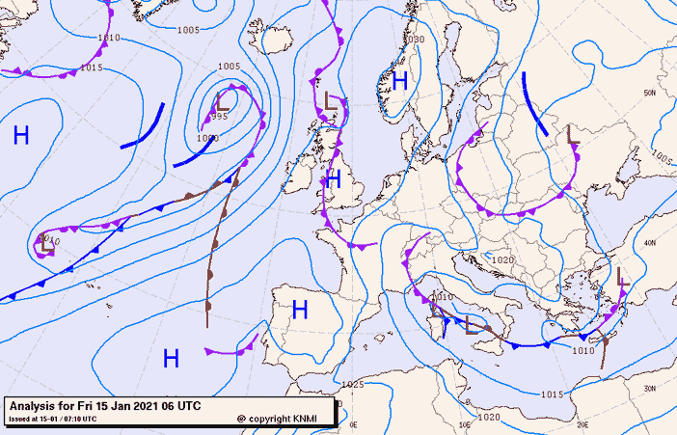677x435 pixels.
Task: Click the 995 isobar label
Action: coord(219,117)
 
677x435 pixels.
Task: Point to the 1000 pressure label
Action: coord(206,138)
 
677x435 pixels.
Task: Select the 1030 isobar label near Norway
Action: coord(415,40)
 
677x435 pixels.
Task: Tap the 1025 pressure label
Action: coord(353,385)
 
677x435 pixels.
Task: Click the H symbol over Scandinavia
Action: coord(399,82)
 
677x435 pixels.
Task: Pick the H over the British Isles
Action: coord(334,178)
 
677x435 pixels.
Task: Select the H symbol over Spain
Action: coord(300,310)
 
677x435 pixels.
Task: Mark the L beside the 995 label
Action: coord(223,99)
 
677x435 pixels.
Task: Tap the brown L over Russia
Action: coord(572,134)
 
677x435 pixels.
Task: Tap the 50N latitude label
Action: coord(650,93)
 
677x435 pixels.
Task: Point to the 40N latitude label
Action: coord(651,243)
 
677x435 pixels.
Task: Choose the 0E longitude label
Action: coord(353,424)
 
